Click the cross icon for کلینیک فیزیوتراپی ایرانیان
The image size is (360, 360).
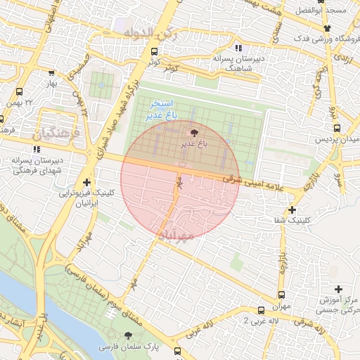[86, 182]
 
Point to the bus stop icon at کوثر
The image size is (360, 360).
[155, 51]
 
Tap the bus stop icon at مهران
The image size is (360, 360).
[282, 295]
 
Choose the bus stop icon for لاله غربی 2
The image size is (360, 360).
[261, 310]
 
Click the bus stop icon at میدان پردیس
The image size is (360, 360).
[337, 128]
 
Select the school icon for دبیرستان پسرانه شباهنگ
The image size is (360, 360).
[238, 48]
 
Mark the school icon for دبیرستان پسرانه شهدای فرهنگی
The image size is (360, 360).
[36, 149]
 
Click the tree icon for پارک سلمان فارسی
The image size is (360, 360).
[127, 335]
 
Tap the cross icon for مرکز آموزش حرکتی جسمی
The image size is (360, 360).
[339, 289]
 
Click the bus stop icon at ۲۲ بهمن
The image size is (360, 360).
[19, 91]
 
